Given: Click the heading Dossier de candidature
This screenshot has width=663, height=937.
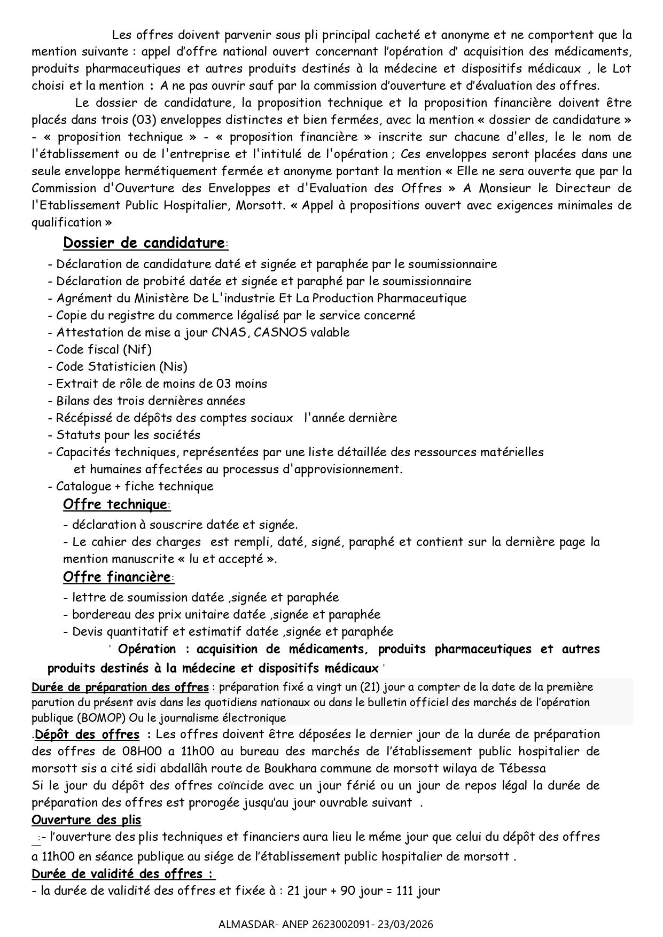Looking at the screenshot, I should tap(143, 243).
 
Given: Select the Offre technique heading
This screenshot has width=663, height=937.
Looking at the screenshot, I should tap(115, 504).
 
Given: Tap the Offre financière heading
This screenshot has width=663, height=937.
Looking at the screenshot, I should tap(117, 577).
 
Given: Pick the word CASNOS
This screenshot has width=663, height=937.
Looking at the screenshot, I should tap(280, 332).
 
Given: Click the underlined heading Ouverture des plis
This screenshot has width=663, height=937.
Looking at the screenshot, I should tap(87, 819).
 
